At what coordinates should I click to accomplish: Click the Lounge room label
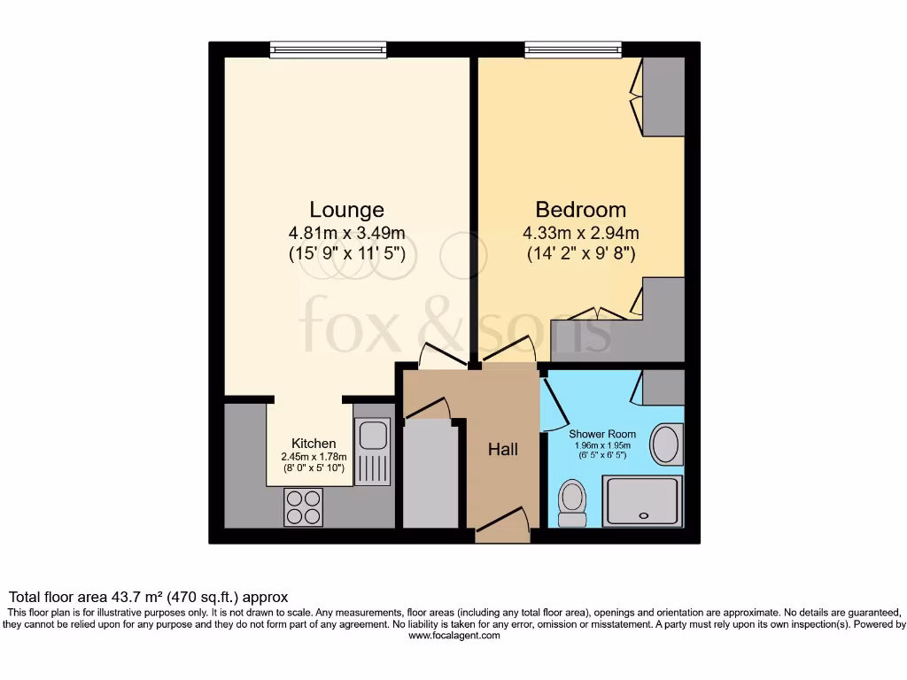[346, 210]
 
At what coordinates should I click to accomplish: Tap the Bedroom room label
[580, 210]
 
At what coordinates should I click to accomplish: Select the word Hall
[503, 450]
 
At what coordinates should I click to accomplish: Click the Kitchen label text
[314, 444]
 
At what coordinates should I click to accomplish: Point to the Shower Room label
[602, 434]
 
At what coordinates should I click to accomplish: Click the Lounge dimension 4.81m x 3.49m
[346, 234]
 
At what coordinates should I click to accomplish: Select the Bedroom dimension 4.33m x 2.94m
[580, 234]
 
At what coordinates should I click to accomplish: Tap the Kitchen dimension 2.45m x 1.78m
[314, 457]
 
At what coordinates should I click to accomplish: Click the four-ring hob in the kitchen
[304, 507]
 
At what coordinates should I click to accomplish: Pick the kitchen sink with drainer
[372, 452]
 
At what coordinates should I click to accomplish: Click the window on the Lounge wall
[328, 50]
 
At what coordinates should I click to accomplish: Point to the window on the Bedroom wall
[572, 50]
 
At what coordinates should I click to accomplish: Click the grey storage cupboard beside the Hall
[431, 474]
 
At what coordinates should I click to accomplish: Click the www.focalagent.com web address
[453, 636]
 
